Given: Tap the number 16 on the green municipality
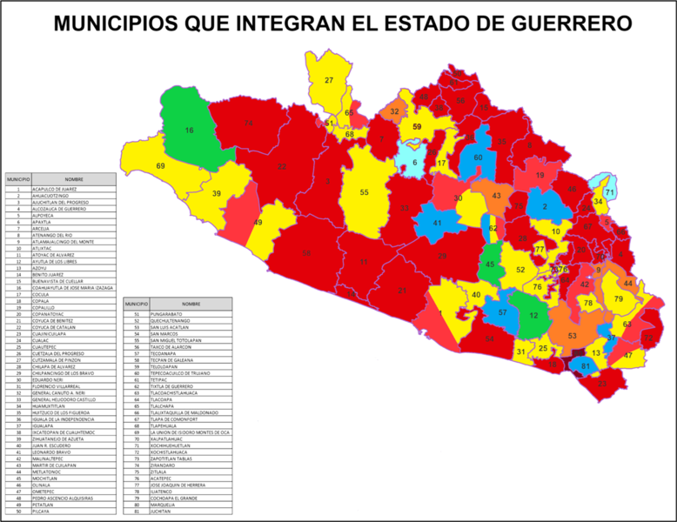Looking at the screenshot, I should point(189,130).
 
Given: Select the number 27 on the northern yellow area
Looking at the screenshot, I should point(329,80).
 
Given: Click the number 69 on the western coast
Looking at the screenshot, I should point(160,166).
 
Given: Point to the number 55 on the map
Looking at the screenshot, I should point(365,192).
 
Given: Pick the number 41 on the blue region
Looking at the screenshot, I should point(438,224).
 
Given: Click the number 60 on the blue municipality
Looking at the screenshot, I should point(478,157).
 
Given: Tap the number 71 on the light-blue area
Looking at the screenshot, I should point(610,192).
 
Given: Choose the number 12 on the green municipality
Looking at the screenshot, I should point(533,315).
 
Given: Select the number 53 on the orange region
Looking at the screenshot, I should point(572,336).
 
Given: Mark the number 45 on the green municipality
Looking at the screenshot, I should point(490,264).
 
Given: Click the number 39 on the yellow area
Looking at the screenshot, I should point(217,194).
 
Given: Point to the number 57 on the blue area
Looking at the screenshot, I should point(502,311).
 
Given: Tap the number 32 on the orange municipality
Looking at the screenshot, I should point(394,112).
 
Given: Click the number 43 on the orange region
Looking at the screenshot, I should point(496,197).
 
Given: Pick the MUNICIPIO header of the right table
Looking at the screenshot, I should point(137,304).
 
